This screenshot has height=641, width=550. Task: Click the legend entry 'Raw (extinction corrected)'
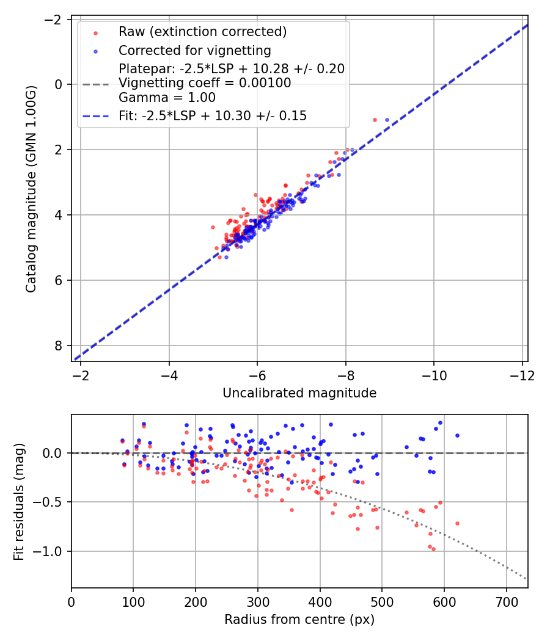[202, 32]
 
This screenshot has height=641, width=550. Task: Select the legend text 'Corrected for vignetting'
[195, 50]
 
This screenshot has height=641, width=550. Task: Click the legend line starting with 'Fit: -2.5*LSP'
[213, 116]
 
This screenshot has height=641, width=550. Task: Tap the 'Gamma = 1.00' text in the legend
[167, 97]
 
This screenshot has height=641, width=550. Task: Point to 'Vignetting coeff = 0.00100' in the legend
[205, 83]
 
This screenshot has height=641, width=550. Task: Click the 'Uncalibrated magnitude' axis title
[299, 393]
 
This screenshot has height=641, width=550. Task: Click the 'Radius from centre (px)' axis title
[299, 620]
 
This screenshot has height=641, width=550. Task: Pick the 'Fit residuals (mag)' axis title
[19, 501]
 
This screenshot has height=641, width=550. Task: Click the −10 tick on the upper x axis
[433, 375]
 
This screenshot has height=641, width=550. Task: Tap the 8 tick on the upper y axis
[60, 346]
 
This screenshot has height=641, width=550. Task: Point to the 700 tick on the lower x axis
[506, 602]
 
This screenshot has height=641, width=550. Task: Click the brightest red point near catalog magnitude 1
[375, 120]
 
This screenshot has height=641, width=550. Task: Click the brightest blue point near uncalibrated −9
[387, 120]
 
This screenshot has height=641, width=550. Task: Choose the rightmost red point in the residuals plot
[457, 523]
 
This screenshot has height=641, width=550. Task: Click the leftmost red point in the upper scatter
[213, 227]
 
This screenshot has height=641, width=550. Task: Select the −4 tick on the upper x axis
[169, 375]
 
